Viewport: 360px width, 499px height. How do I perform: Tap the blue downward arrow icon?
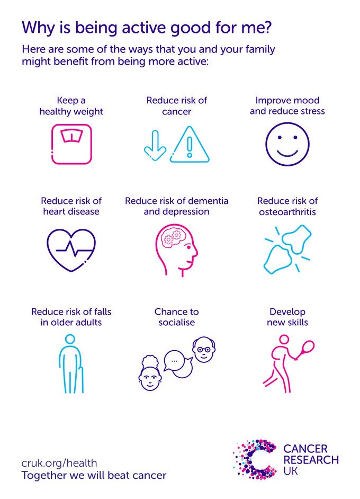click(155, 145)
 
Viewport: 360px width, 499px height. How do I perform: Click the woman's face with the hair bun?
click(150, 374)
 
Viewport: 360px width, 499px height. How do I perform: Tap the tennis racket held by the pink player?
click(306, 349)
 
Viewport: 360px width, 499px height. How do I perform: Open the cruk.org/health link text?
click(59, 463)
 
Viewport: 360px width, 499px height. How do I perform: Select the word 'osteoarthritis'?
click(287, 212)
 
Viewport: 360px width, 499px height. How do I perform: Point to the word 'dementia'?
click(208, 201)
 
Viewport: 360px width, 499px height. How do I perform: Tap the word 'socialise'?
click(176, 323)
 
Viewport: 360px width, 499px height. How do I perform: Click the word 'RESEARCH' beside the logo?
click(311, 460)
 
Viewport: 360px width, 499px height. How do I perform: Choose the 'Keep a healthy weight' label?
click(71, 106)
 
